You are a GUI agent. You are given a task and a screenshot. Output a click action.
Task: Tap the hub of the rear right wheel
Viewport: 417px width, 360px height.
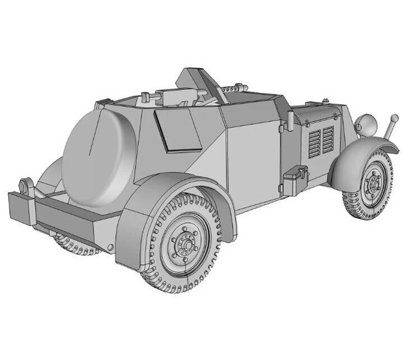pyautogui.click(x=187, y=245)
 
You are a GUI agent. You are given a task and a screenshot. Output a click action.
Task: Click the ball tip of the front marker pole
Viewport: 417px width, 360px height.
pyautogui.click(x=394, y=118)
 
